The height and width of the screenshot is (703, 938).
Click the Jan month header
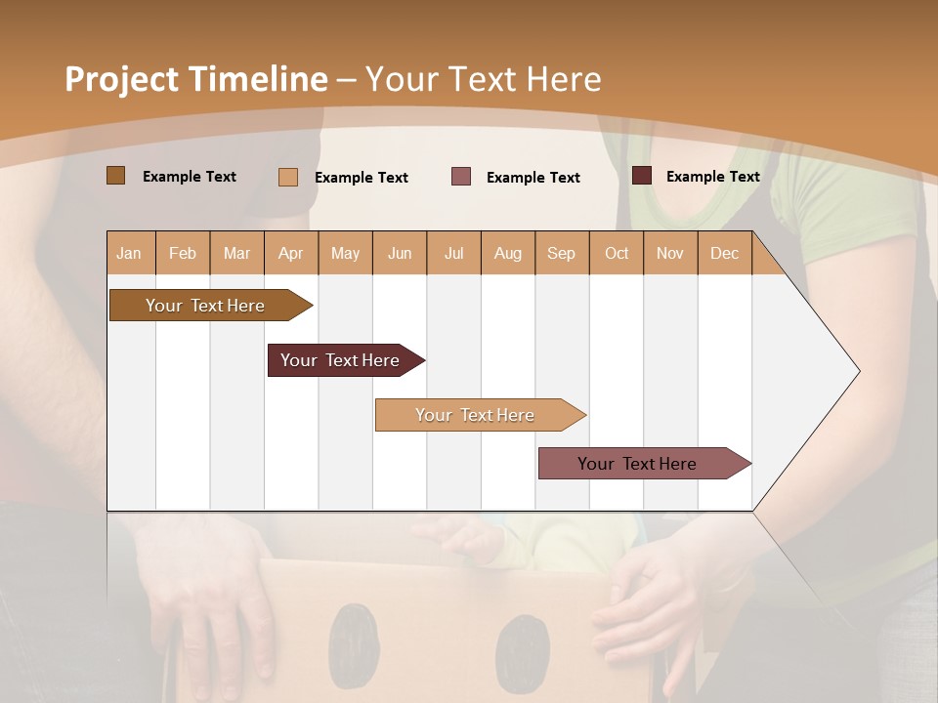[129, 253]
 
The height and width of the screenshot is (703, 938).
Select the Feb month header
[183, 253]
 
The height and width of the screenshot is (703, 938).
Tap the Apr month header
[290, 253]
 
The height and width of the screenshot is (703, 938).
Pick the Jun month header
[400, 253]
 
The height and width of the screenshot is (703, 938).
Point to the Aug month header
[507, 253]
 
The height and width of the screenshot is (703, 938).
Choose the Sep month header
[561, 253]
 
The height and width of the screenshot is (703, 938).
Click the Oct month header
[617, 253]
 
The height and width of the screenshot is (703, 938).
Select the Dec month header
[724, 253]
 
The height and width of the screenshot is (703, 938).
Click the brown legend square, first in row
[115, 176]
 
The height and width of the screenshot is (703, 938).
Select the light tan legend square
[287, 177]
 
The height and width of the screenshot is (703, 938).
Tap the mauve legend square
[461, 177]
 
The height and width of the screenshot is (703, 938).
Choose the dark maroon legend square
[642, 176]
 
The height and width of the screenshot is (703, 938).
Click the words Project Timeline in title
[195, 79]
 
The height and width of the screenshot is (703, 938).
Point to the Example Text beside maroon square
[712, 177]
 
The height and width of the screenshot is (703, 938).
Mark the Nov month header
[670, 253]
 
